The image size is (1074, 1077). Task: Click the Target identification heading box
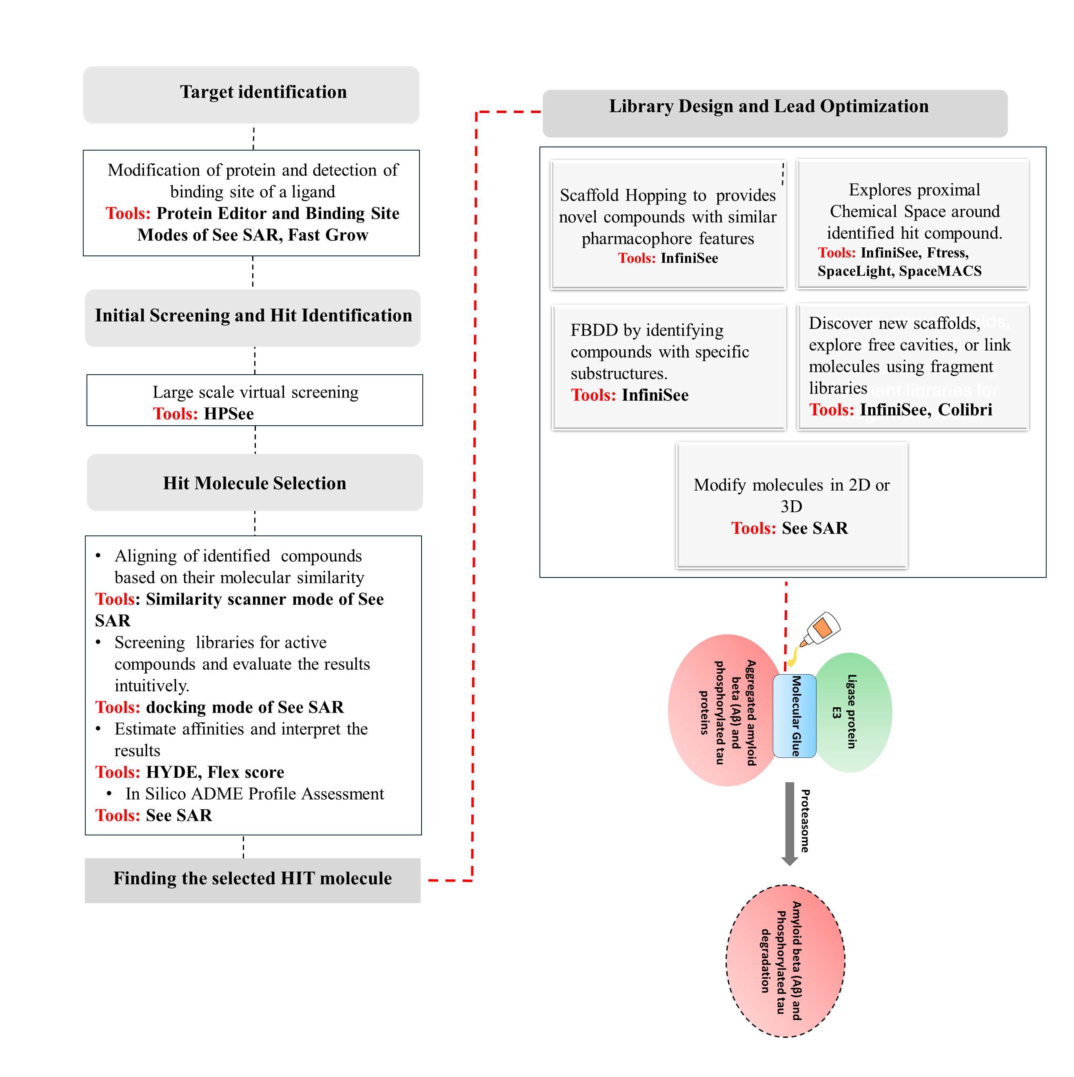pos(251,94)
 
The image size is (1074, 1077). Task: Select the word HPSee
pos(229,414)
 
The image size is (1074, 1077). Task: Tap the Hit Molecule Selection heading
pos(254,483)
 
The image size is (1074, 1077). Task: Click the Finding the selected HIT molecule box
pos(253,879)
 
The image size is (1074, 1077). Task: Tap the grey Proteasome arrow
pos(789,822)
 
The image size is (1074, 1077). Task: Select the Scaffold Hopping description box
pos(668,224)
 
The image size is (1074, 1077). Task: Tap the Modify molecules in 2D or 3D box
pos(792,505)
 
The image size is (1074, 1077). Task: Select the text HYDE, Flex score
pos(215,772)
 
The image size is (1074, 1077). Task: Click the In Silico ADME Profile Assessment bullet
pos(254,794)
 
